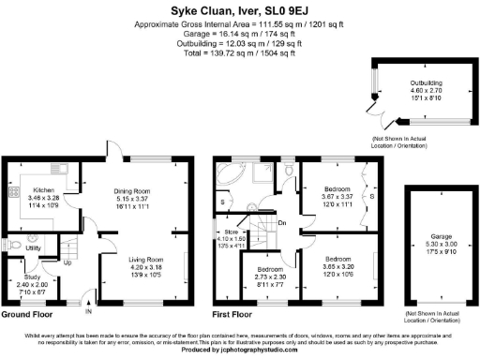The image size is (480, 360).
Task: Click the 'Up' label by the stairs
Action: pos(67,262)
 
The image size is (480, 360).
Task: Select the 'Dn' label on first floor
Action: pos(282,221)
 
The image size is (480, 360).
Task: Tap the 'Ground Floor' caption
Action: pos(26,314)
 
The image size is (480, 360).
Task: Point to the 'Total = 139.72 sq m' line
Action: pos(239,53)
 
